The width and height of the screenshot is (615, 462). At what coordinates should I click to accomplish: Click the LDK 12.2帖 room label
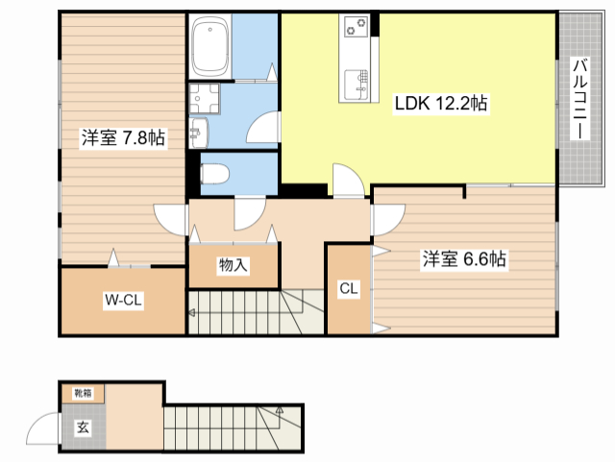441,103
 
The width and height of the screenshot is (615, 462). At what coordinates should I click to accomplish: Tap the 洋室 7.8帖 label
123,137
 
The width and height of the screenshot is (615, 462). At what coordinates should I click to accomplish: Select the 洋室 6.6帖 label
464,259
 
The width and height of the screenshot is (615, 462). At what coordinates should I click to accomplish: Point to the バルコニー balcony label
580,98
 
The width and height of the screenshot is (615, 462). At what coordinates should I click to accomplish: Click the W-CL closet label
123,300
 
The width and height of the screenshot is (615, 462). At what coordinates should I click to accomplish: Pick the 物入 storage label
233,265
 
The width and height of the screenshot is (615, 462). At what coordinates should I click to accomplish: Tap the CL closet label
349,289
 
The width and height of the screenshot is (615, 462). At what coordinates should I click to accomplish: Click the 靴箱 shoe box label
84,393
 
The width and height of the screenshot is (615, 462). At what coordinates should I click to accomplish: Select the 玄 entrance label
83,427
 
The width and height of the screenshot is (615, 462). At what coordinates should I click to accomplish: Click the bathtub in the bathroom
209,46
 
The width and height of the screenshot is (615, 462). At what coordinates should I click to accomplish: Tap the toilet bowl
214,174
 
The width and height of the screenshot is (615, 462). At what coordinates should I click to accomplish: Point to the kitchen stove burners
357,26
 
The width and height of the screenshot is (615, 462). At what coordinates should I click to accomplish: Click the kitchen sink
357,85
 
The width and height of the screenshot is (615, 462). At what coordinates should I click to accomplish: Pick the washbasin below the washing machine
199,133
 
